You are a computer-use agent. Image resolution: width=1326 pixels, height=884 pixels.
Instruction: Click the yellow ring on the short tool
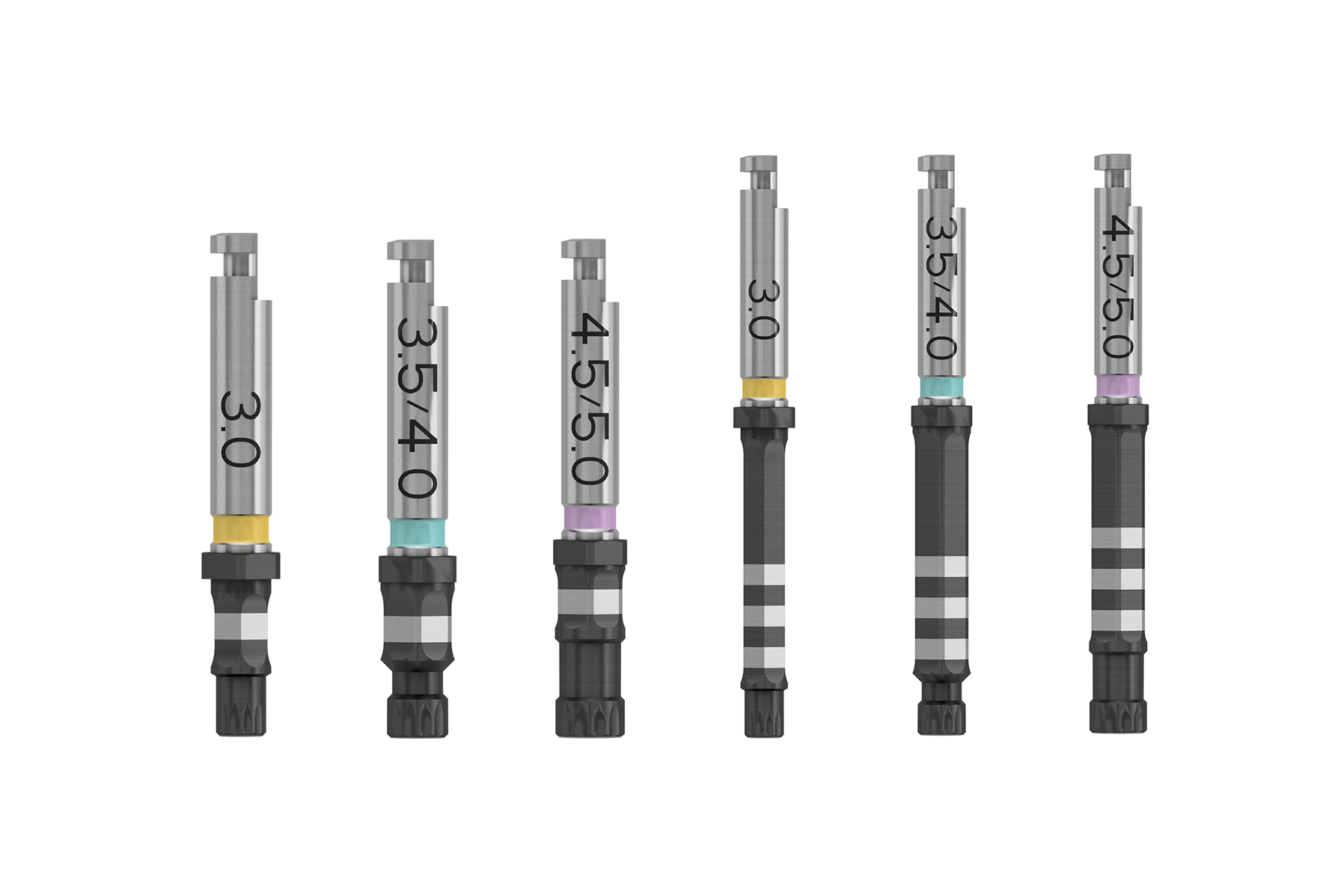coord(240,529)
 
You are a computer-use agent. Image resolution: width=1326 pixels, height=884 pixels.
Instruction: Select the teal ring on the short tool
coord(417,534)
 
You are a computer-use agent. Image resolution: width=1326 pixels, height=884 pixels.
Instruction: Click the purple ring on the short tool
coord(590,517)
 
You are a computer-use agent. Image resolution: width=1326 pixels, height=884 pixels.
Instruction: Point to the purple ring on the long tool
coord(1117,386)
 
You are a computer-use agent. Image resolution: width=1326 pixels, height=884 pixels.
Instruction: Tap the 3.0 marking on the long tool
coord(764,309)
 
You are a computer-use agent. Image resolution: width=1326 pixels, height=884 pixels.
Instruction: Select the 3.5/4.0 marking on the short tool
coord(416,408)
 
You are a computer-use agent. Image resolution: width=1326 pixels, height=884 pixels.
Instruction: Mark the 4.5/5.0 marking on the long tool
coord(1117,286)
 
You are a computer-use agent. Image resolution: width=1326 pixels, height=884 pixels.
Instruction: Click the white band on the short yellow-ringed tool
coord(240,627)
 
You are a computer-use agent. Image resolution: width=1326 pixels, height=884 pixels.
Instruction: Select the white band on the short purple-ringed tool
coord(590,602)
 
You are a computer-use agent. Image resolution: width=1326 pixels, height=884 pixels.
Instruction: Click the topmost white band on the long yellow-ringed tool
coord(764,575)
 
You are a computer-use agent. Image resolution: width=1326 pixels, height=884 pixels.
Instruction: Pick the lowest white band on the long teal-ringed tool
coord(941,649)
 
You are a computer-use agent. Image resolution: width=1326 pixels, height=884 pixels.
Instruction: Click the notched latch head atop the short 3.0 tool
coord(234,244)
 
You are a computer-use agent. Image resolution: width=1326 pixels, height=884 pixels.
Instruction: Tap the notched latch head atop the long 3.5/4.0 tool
coord(936,164)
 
